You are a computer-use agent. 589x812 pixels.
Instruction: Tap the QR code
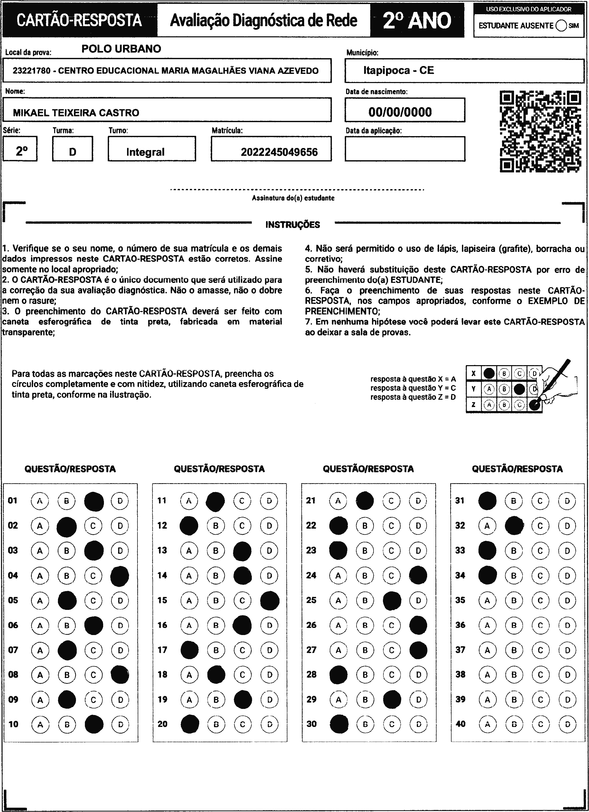click(x=540, y=131)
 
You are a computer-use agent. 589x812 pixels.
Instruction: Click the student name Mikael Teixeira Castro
click(x=76, y=113)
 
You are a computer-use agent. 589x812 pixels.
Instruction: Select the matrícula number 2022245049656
click(x=279, y=152)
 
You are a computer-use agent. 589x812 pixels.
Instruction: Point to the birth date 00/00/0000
click(x=400, y=112)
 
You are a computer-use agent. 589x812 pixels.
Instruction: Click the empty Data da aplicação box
click(x=405, y=149)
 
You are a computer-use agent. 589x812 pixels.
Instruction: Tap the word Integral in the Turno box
click(x=145, y=152)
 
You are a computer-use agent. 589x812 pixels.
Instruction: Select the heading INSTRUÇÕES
click(x=293, y=225)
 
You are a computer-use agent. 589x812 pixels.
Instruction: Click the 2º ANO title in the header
click(x=417, y=20)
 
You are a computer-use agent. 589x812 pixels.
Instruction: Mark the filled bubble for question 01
click(x=94, y=501)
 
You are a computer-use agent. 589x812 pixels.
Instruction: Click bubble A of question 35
click(x=487, y=600)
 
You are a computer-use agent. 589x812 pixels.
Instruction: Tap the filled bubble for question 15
click(x=270, y=600)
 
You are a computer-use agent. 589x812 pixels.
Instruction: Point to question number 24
click(x=311, y=575)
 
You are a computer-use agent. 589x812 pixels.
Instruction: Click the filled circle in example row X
click(x=489, y=374)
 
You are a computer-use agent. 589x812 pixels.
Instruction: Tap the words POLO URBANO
click(x=121, y=49)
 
